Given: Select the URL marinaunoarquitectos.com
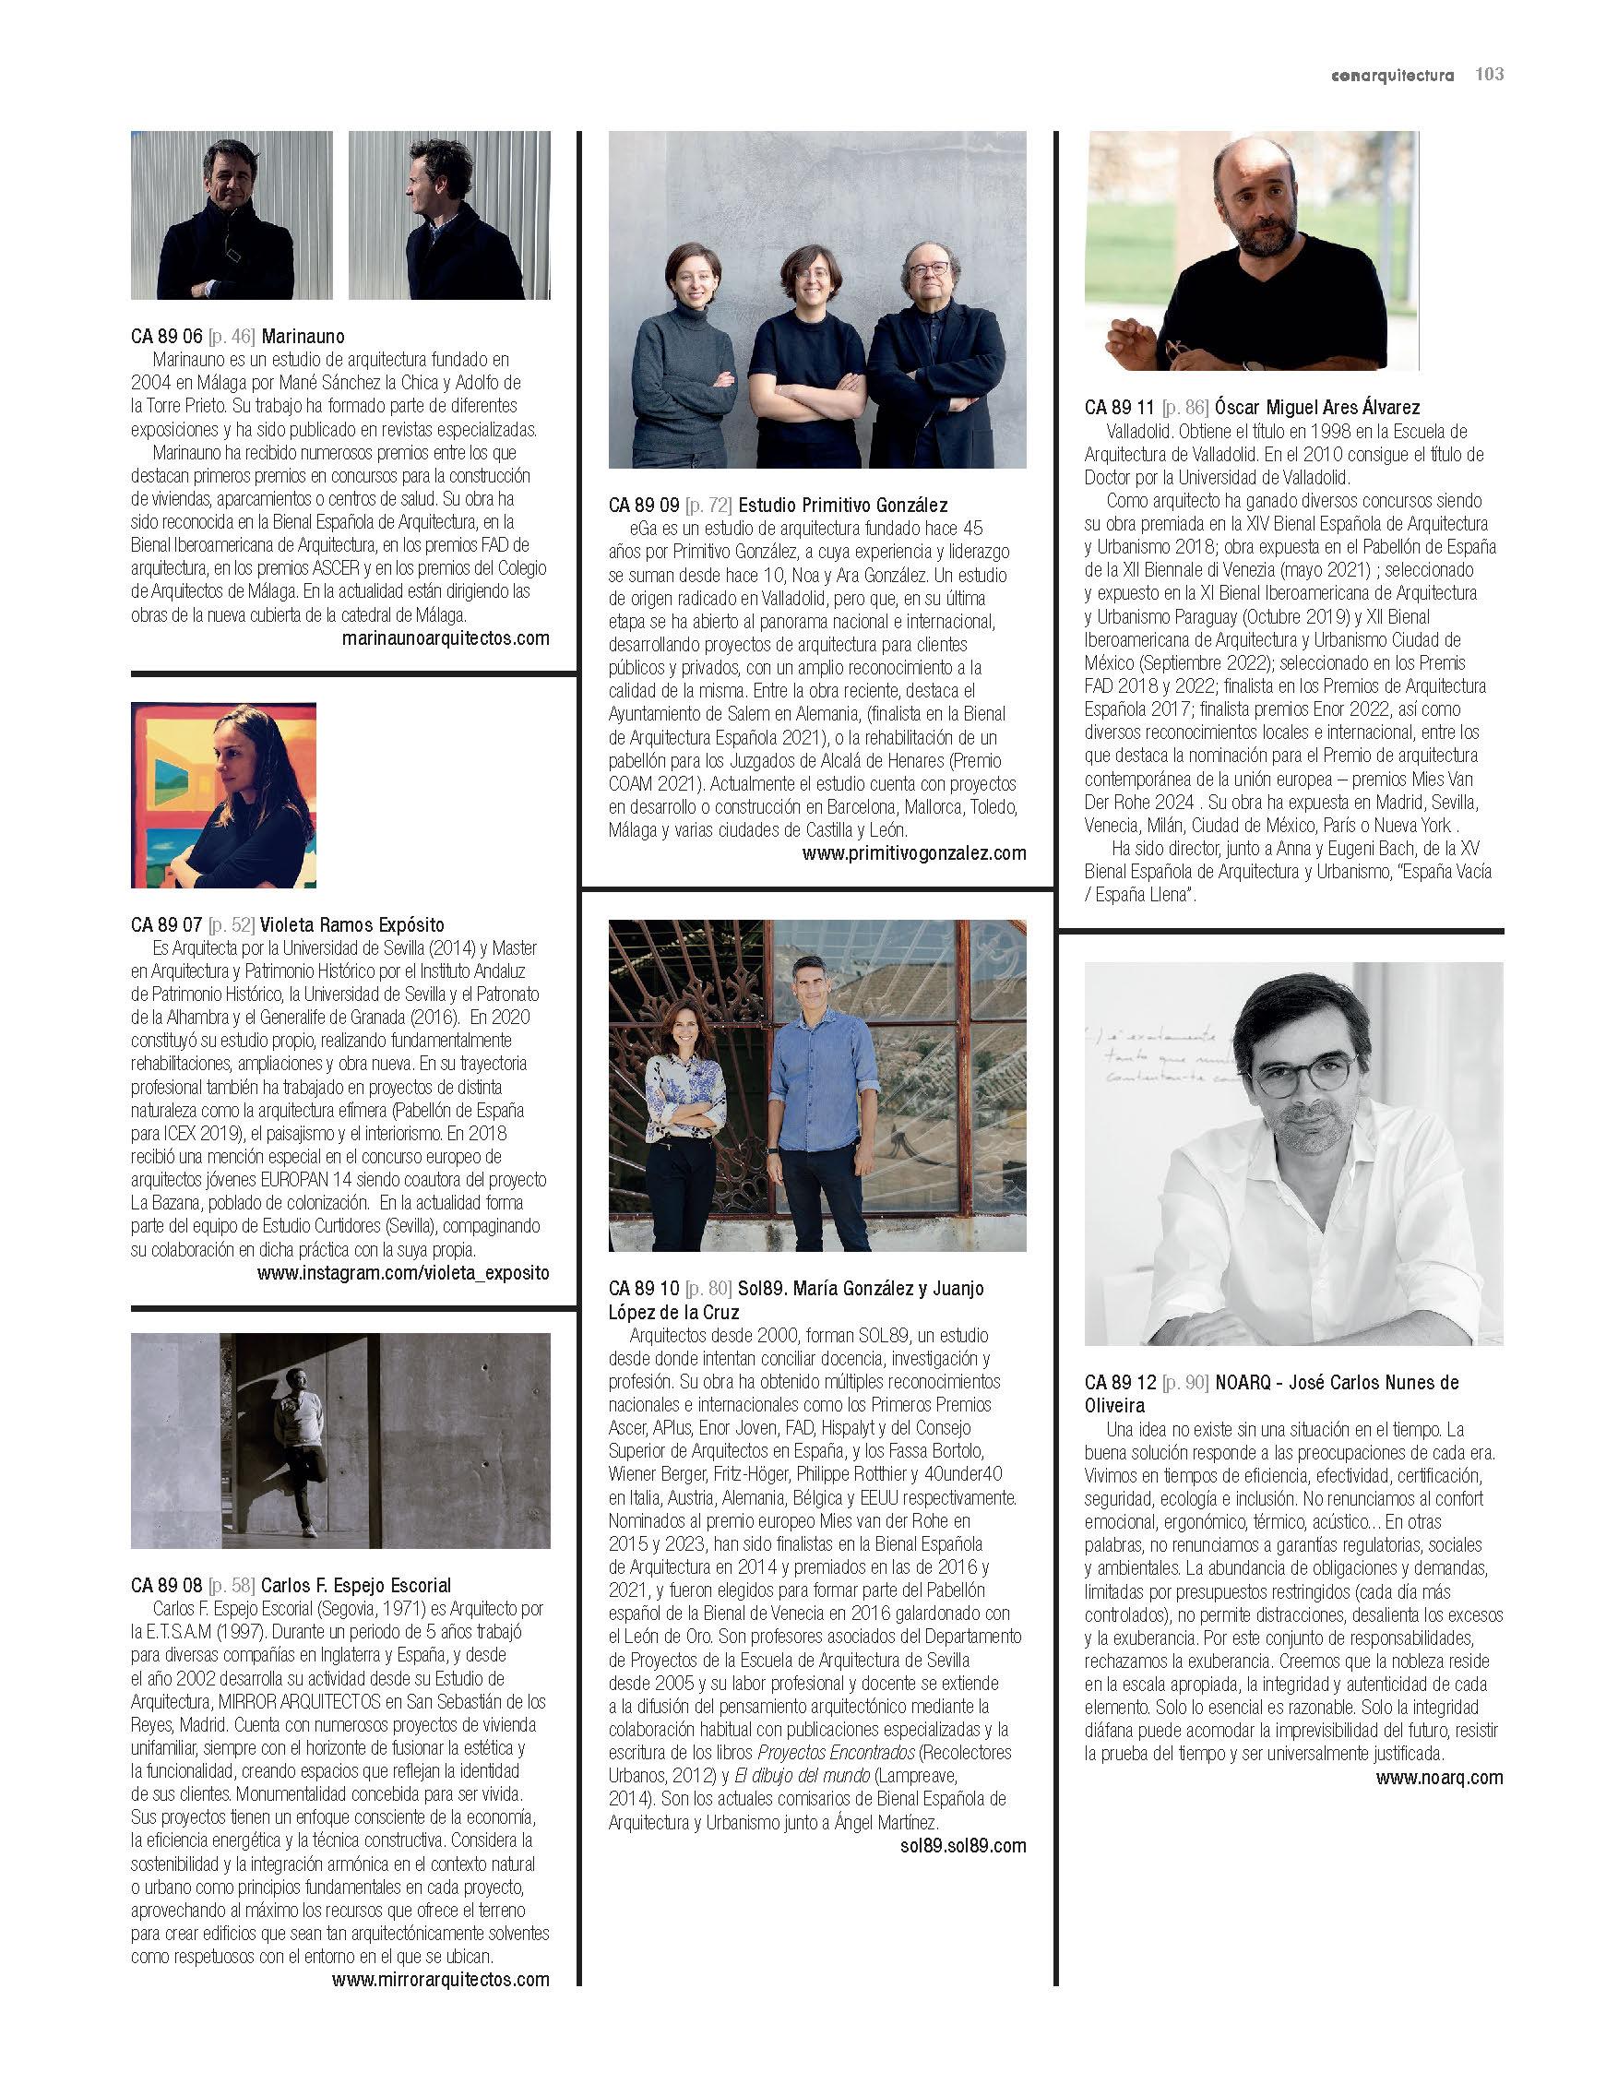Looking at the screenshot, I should point(446,638).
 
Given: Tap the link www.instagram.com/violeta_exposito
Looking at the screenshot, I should point(403,1273).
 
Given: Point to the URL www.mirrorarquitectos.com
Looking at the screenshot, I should point(441,1980).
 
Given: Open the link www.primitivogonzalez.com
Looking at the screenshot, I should point(914,853).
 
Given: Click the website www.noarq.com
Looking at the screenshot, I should point(1439,1778).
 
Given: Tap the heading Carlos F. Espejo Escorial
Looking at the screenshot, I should point(356,1586).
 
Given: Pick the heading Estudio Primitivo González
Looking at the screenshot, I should point(843,505).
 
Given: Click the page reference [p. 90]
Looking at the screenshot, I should point(1185,1382).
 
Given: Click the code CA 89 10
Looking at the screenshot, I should point(643,1289).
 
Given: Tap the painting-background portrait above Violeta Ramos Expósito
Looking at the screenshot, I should point(223,795).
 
